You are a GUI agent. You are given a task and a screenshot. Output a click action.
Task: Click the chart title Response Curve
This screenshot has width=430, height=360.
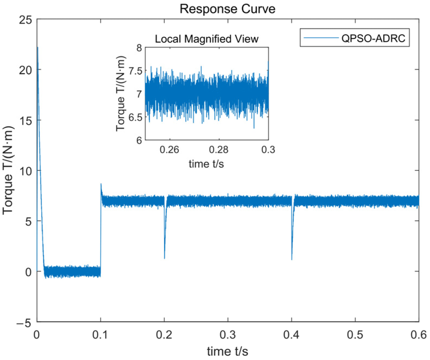click(227, 9)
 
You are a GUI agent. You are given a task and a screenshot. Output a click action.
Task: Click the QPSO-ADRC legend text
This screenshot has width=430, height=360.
click(373, 38)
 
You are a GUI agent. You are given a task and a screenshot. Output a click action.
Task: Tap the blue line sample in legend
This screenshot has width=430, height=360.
click(321, 38)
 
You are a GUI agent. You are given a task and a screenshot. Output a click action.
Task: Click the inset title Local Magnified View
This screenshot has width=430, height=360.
click(207, 39)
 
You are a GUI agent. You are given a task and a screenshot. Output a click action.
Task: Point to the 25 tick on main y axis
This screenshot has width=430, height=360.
click(25, 20)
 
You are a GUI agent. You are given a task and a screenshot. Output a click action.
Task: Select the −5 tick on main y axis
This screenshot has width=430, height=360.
click(24, 323)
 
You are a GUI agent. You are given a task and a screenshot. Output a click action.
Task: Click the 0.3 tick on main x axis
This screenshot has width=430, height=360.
click(228, 334)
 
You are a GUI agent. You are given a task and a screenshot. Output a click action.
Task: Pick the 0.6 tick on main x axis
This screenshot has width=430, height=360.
click(419, 334)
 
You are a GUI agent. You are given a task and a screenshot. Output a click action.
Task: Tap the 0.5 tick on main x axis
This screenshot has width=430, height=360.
click(355, 334)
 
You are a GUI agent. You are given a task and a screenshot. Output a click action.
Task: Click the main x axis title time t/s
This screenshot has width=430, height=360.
click(227, 351)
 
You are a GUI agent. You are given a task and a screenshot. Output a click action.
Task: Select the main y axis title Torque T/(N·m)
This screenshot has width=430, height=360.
click(8, 170)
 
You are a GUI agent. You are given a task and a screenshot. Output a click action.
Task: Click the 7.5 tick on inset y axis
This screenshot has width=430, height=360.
click(136, 71)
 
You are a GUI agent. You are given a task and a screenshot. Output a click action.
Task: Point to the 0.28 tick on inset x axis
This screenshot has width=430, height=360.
click(219, 150)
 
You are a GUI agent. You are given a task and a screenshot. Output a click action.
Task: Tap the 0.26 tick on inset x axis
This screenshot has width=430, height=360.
click(169, 150)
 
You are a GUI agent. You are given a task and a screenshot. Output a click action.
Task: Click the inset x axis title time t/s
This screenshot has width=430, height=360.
click(206, 164)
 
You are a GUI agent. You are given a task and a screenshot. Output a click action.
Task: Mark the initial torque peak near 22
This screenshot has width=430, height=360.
click(38, 48)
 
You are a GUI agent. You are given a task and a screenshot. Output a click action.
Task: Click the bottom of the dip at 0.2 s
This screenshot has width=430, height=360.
click(164, 258)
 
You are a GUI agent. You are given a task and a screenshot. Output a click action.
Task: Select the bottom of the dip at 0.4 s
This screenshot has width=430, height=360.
click(292, 259)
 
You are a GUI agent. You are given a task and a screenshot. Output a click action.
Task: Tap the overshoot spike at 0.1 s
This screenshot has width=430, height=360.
click(101, 184)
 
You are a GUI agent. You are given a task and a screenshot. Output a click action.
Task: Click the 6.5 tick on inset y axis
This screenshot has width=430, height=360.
click(136, 117)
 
